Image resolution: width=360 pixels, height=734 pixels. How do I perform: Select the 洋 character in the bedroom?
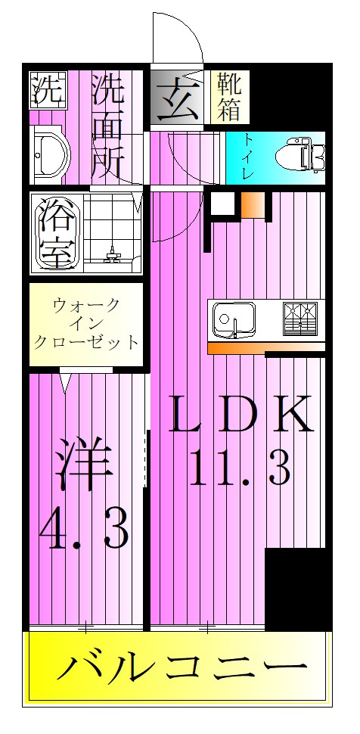coord(84,465)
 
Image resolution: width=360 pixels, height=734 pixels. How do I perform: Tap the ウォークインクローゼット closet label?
coord(86,323)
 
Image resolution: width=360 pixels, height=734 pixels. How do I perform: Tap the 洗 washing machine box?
coord(47,91)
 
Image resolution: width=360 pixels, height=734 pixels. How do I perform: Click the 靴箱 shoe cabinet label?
coord(231,96)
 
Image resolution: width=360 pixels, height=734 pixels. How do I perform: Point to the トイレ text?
coord(247,157)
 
